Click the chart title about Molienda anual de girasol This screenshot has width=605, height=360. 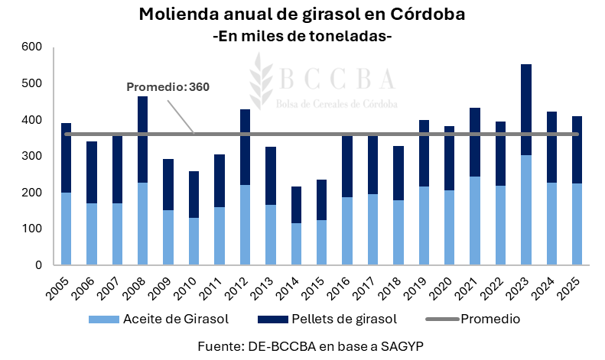(302, 15)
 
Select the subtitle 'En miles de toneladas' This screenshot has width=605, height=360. (302, 35)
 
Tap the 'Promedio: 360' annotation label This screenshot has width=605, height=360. (168, 87)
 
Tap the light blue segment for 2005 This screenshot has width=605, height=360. (67, 229)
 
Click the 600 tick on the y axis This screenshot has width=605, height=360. (31, 47)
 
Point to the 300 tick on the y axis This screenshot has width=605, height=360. (31, 156)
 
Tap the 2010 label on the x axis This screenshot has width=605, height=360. (190, 288)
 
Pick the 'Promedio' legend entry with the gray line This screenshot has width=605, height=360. (490, 319)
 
